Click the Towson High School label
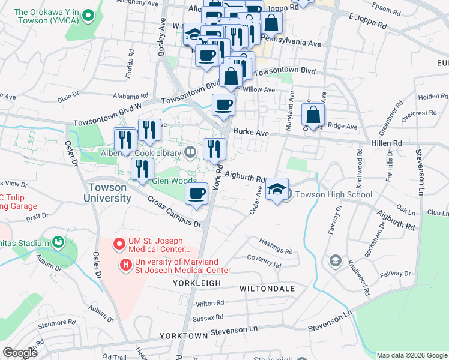(333, 194)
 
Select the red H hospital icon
(126, 264)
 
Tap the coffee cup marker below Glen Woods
(197, 194)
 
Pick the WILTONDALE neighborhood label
(267, 289)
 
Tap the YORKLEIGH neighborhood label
(195, 283)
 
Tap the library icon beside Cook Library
(190, 151)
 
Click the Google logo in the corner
(20, 352)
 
